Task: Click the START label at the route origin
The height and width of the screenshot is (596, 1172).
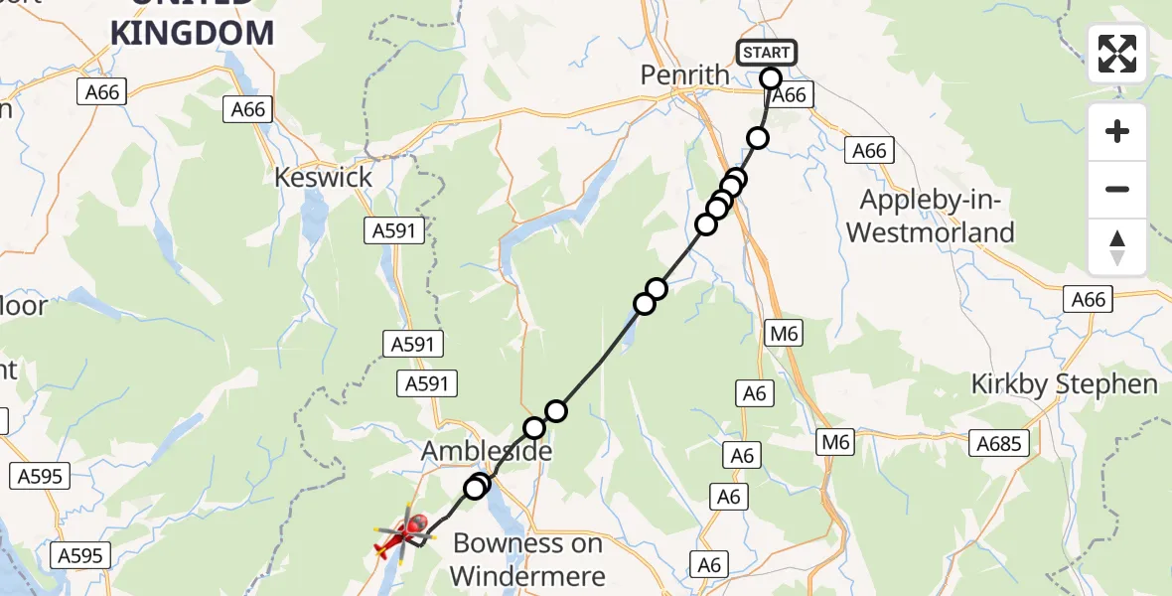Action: pyautogui.click(x=766, y=53)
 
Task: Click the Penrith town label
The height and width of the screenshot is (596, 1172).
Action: pyautogui.click(x=685, y=75)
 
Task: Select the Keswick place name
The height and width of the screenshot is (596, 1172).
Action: pyautogui.click(x=324, y=178)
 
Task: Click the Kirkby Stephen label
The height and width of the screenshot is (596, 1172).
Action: pyautogui.click(x=1064, y=384)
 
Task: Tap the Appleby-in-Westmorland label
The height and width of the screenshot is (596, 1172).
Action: pyautogui.click(x=937, y=216)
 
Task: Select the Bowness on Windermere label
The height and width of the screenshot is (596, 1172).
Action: pyautogui.click(x=527, y=559)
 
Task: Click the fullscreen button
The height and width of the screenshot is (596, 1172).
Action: pyautogui.click(x=1117, y=54)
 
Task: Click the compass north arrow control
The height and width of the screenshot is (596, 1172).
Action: pyautogui.click(x=1117, y=247)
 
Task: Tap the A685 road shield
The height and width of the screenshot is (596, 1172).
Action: pyautogui.click(x=999, y=443)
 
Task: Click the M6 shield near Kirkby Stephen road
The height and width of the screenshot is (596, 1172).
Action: pyautogui.click(x=836, y=442)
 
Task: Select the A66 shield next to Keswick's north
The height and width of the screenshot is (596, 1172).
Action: pyautogui.click(x=248, y=108)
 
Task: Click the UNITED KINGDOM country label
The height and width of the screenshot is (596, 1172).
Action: pyautogui.click(x=192, y=28)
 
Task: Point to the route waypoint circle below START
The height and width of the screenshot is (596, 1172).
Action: pyautogui.click(x=758, y=138)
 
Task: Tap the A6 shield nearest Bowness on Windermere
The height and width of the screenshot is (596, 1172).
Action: pyautogui.click(x=708, y=564)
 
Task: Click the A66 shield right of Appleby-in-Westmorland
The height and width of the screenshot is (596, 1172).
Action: pyautogui.click(x=1087, y=299)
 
